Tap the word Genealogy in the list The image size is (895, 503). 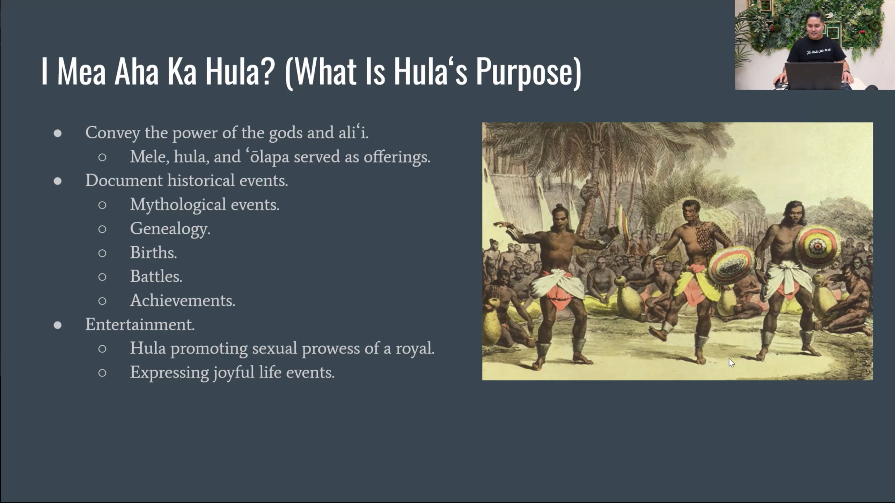170,229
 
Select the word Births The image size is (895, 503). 153,252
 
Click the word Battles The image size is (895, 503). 156,276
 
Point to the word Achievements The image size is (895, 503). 183,300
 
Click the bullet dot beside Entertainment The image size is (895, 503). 58,325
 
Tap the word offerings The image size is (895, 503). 397,157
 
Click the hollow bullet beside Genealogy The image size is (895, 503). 102,229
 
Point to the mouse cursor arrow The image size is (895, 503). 731,363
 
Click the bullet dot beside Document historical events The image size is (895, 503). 58,181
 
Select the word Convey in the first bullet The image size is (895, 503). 113,133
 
